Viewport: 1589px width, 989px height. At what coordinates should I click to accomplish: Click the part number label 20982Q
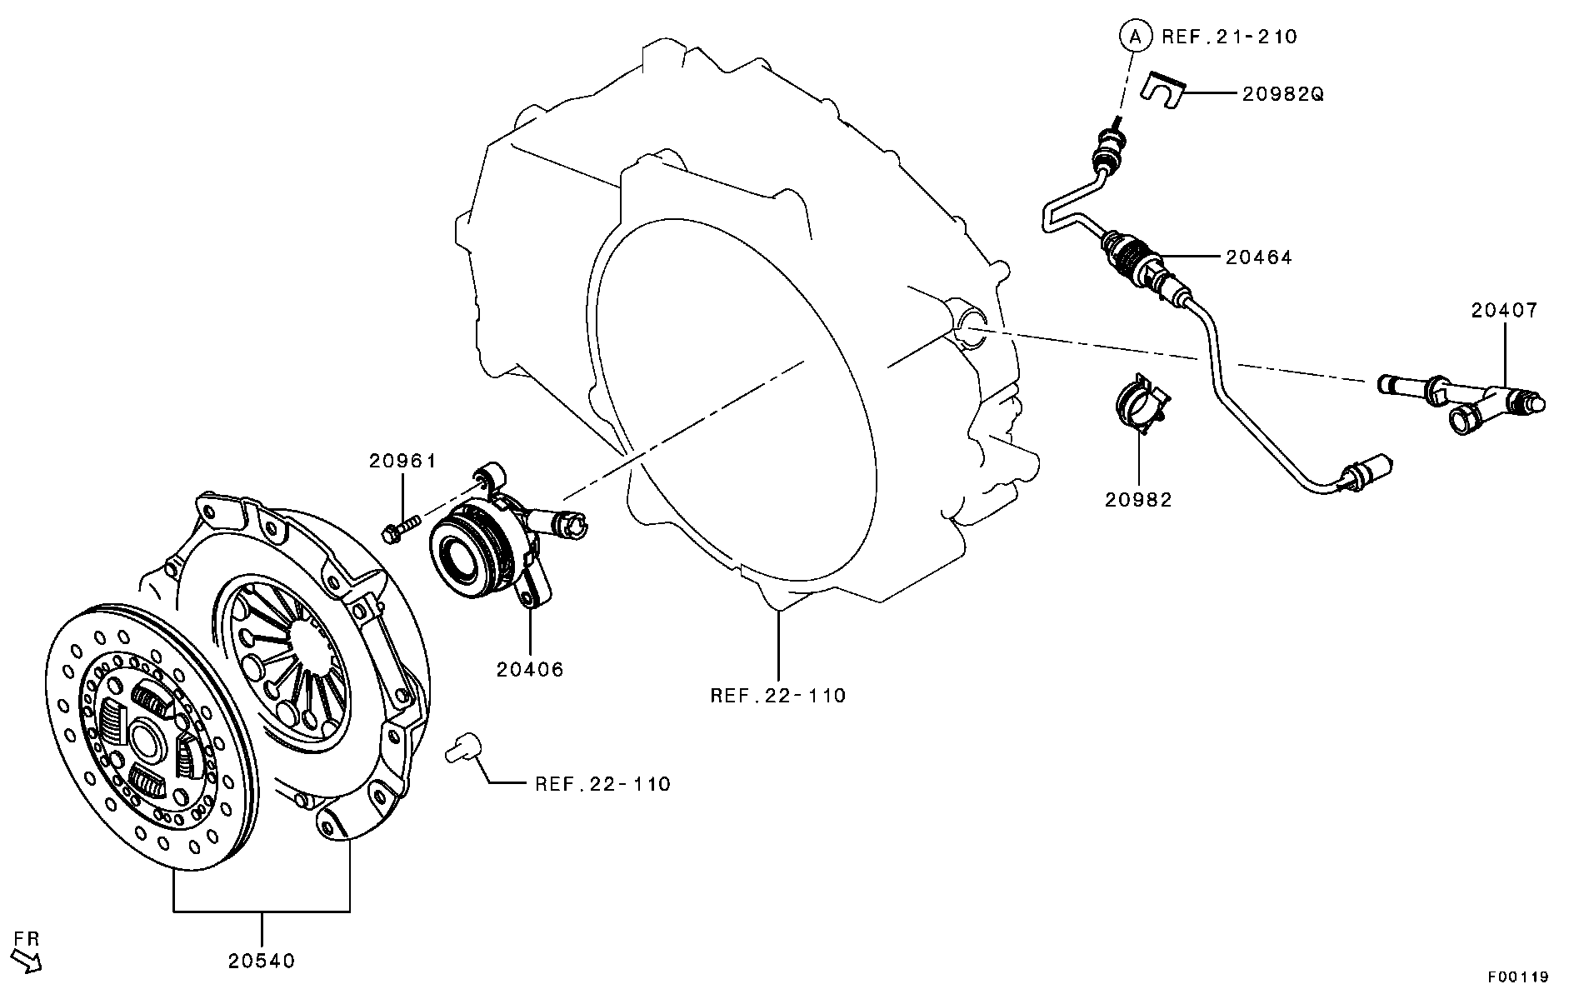1282,94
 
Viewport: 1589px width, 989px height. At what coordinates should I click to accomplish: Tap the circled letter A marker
1133,36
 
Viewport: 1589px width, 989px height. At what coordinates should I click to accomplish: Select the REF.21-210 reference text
1229,37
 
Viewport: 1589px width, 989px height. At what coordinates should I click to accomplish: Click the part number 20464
1259,257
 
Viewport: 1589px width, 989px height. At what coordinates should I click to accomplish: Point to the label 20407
1504,311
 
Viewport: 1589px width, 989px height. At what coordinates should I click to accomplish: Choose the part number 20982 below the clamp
1138,500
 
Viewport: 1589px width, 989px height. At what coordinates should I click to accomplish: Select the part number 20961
403,461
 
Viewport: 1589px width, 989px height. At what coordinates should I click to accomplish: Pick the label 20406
530,669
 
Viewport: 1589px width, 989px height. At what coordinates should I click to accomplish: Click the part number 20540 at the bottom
262,961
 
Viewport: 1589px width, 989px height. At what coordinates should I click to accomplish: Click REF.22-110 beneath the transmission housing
777,695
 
